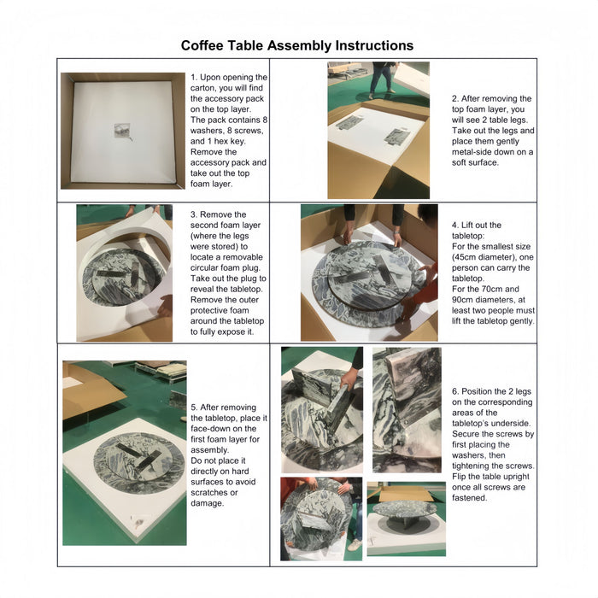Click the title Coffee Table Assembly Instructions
pyautogui.click(x=297, y=45)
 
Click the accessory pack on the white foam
pyautogui.click(x=123, y=131)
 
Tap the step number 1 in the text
pyautogui.click(x=193, y=76)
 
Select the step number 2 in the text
pyautogui.click(x=454, y=99)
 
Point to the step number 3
pyautogui.click(x=193, y=214)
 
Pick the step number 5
pyautogui.click(x=193, y=407)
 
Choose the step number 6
pyautogui.click(x=454, y=390)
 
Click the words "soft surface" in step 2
pyautogui.click(x=474, y=162)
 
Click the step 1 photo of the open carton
pyautogui.click(x=123, y=131)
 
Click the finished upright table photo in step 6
pyautogui.click(x=406, y=518)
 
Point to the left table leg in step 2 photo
pyautogui.click(x=349, y=122)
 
